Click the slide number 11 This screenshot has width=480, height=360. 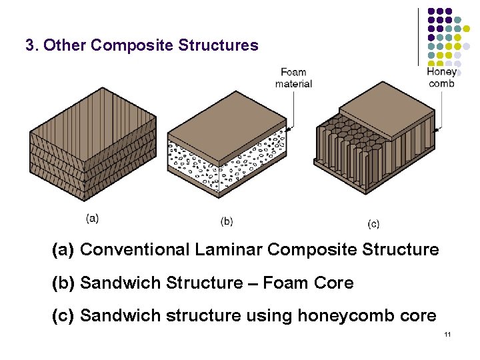click(447, 334)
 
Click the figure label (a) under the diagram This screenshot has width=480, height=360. click(93, 217)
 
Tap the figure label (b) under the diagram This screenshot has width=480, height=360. click(227, 221)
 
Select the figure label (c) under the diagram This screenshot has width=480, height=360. click(373, 223)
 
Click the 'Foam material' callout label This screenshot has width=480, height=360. click(293, 78)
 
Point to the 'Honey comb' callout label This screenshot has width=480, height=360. click(441, 77)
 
